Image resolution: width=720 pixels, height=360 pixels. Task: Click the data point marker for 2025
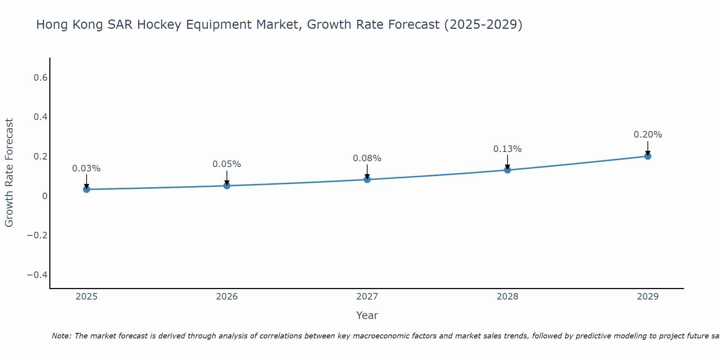pos(86,189)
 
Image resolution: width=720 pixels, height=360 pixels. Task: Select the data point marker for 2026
pos(227,186)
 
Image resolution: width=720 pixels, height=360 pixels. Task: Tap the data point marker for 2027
pos(367,179)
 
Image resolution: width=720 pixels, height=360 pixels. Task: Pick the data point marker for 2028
pos(508,170)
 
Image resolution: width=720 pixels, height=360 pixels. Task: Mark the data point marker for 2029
pos(648,156)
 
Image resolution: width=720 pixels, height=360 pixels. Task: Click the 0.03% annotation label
pos(86,168)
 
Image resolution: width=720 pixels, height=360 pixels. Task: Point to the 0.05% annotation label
pos(227,164)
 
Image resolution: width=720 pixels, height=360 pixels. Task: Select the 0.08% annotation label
pos(367,158)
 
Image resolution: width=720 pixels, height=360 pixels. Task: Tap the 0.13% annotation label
pos(508,149)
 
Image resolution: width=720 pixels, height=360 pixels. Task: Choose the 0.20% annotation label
pos(648,135)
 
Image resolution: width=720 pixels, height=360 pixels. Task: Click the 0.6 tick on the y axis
pos(41,78)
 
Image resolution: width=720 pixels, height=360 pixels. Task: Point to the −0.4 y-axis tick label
pos(37,275)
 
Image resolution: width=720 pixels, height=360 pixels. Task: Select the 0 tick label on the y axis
pos(45,196)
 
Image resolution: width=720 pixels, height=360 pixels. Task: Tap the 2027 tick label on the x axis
pos(367,297)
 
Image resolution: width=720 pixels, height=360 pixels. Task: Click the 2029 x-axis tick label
pos(648,297)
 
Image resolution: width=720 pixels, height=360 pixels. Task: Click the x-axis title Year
pos(367,316)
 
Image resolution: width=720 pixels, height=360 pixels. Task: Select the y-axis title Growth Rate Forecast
pos(9,173)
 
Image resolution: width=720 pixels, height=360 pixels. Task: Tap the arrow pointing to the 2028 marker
pos(508,162)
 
